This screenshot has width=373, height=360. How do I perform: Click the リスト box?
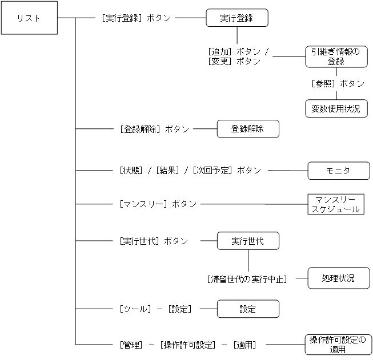[29, 18]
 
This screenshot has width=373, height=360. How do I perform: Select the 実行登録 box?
[236, 18]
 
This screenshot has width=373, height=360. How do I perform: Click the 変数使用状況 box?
[336, 108]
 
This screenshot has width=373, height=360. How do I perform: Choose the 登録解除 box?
[247, 129]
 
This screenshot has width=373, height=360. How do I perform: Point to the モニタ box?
[339, 170]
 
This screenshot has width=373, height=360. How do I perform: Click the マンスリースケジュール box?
[335, 204]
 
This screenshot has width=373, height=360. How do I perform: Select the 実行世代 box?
[247, 241]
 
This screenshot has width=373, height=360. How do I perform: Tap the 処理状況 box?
[339, 278]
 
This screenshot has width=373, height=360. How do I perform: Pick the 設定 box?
[247, 309]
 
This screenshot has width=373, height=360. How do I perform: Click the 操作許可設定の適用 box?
[337, 345]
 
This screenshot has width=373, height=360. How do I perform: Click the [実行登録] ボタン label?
[135, 18]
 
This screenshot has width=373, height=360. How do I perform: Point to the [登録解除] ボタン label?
[154, 129]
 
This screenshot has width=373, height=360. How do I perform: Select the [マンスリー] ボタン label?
[158, 204]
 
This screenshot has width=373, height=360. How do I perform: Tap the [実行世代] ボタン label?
[154, 241]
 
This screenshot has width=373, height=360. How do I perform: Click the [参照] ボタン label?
[338, 83]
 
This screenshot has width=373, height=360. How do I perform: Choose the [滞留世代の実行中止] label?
[247, 279]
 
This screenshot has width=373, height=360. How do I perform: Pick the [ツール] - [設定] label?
[155, 309]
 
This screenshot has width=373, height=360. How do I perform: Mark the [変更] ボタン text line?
[234, 61]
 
